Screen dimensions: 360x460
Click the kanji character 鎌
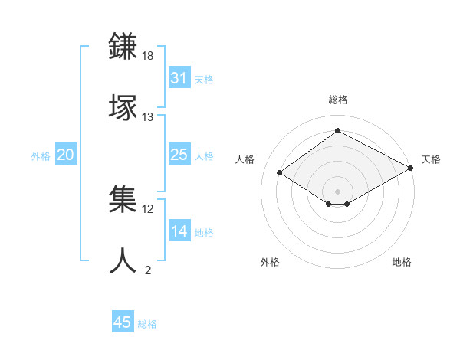(x=123, y=47)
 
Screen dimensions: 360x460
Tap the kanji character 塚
(x=123, y=108)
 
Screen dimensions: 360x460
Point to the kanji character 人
(x=123, y=261)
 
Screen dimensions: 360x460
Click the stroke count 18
(x=148, y=56)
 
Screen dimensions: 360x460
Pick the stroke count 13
(x=148, y=117)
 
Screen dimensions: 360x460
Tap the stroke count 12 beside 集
(x=148, y=208)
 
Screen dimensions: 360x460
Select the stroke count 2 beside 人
(x=148, y=270)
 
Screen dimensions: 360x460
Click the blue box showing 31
(x=179, y=78)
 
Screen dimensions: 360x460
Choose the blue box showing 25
(x=179, y=155)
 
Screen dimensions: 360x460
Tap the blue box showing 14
(x=179, y=231)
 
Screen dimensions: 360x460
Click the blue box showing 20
(x=65, y=155)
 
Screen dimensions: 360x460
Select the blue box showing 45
(x=123, y=322)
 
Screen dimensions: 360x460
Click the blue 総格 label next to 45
(x=147, y=324)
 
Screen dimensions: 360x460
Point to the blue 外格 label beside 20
(x=41, y=156)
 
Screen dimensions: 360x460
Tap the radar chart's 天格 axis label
(x=431, y=159)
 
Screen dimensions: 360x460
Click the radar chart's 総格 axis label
(x=337, y=100)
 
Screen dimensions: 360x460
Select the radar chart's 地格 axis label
(x=402, y=262)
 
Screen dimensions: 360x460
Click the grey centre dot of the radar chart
(x=337, y=190)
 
